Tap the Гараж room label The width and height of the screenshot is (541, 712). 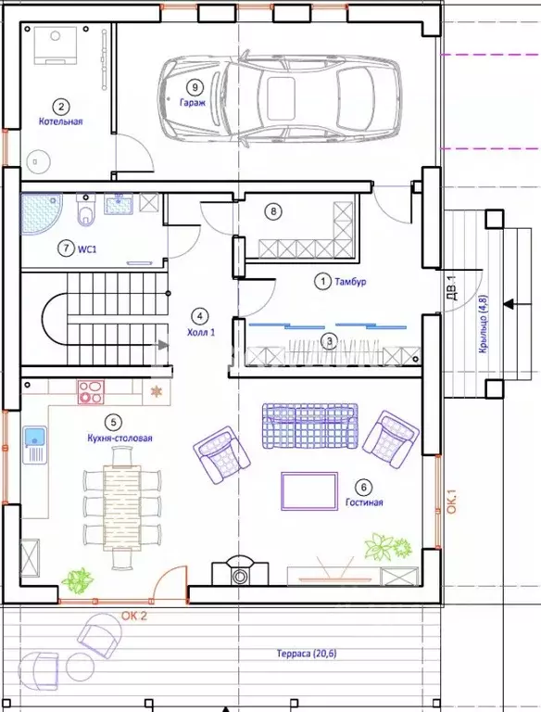193,103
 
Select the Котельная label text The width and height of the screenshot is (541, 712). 61,121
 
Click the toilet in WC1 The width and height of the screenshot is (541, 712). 85,210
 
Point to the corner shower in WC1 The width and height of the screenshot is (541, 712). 40,212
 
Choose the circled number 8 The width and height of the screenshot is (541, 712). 273,211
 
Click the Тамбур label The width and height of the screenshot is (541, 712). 350,282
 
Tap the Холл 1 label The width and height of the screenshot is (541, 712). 201,333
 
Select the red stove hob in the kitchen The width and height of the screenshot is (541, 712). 91,392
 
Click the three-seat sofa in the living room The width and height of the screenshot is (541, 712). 309,426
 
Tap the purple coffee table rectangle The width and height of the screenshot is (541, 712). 309,490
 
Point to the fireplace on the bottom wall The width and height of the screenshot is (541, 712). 240,571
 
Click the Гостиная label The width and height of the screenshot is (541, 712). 364,502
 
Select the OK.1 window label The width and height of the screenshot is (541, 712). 452,501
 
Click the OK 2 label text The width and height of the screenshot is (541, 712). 134,617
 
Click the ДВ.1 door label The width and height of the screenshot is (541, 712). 452,288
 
